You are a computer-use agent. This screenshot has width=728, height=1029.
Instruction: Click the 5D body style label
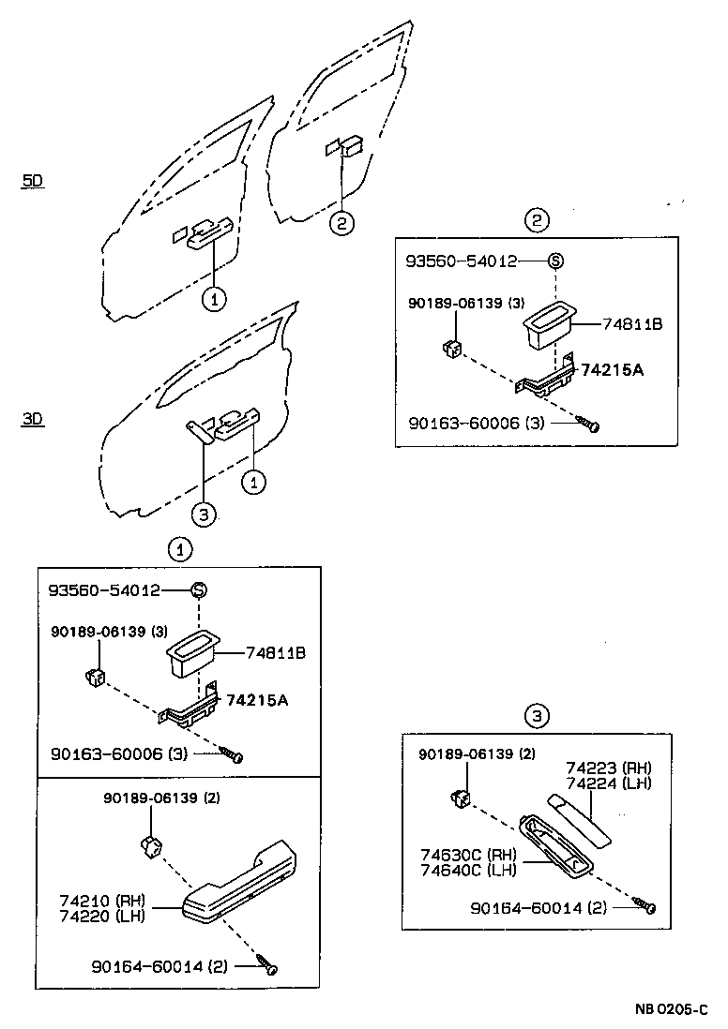pyautogui.click(x=33, y=182)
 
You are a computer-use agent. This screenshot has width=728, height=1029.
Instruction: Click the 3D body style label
pyautogui.click(x=33, y=421)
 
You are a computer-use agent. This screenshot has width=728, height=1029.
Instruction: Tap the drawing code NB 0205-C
pyautogui.click(x=671, y=1009)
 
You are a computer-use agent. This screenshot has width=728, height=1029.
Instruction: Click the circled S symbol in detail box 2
pyautogui.click(x=554, y=261)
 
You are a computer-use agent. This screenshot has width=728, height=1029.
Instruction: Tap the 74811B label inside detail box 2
pyautogui.click(x=632, y=324)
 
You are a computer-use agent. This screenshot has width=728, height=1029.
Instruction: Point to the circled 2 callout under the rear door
pyautogui.click(x=342, y=223)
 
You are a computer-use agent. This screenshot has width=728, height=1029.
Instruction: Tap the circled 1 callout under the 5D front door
pyautogui.click(x=215, y=300)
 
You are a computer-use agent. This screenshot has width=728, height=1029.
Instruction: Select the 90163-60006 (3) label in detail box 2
pyautogui.click(x=478, y=424)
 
